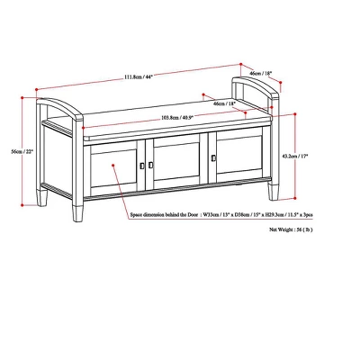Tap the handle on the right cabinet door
(212, 159)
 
